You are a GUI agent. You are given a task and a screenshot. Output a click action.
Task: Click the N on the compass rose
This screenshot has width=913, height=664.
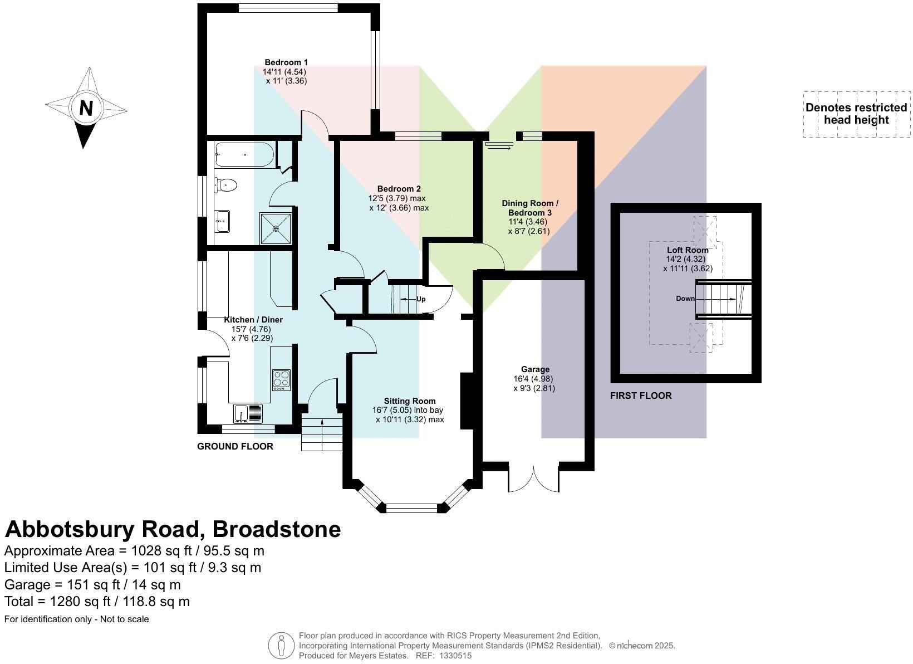pyautogui.click(x=86, y=108)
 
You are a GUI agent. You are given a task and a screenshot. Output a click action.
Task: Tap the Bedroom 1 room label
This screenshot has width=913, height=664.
pyautogui.click(x=286, y=62)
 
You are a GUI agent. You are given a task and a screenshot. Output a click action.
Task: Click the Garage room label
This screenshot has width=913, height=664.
pyautogui.click(x=535, y=369)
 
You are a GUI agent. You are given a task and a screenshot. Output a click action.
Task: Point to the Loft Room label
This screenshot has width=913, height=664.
pyautogui.click(x=688, y=250)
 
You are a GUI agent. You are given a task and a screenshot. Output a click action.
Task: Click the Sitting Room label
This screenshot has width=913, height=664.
pyautogui.click(x=409, y=401)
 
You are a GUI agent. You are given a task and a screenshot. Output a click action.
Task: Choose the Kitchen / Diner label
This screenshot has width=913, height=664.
pyautogui.click(x=253, y=320)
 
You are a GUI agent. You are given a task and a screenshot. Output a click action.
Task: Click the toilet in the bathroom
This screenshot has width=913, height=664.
pyautogui.click(x=227, y=184)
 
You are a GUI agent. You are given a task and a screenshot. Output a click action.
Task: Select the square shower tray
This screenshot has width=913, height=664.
pyautogui.click(x=276, y=228)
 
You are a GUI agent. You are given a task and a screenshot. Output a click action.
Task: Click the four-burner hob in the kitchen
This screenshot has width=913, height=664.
pyautogui.click(x=281, y=379)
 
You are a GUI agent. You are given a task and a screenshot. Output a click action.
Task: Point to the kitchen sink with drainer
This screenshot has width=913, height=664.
pyautogui.click(x=248, y=413)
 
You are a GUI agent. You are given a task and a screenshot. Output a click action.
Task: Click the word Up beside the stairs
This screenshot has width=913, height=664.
pyautogui.click(x=421, y=299)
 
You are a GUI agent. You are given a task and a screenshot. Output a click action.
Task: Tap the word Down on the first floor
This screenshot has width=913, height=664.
pyautogui.click(x=685, y=299)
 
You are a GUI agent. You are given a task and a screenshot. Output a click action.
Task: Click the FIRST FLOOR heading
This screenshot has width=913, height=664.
pyautogui.click(x=641, y=396)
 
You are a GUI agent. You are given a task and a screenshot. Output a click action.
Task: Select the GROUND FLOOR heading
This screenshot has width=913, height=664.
pyautogui.click(x=235, y=446)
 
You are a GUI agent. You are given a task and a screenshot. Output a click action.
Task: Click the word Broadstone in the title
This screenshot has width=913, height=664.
pyautogui.click(x=277, y=529)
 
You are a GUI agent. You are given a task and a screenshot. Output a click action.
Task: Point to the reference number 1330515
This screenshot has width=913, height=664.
pyautogui.click(x=455, y=656)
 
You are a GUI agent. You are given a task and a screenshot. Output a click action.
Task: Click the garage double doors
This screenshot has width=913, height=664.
pyautogui.click(x=533, y=479)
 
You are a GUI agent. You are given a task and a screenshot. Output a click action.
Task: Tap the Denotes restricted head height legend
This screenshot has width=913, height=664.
pyautogui.click(x=856, y=114)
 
